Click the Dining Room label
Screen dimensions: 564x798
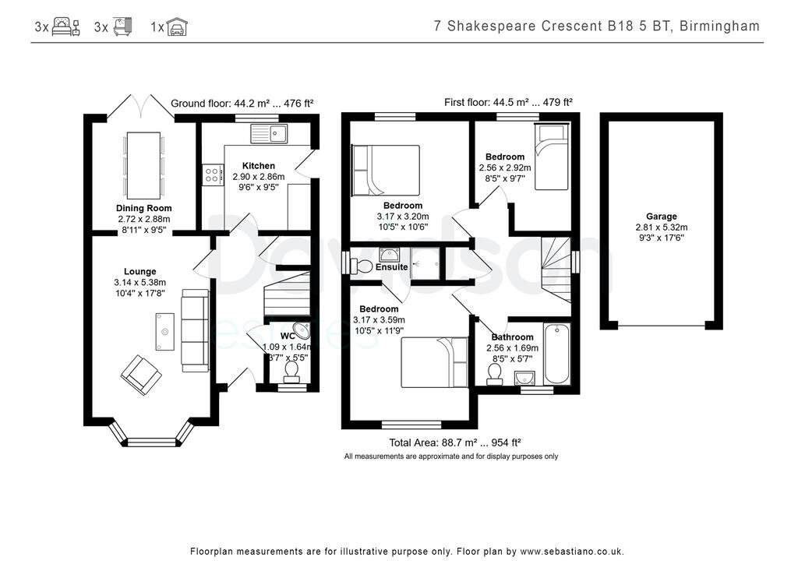point(143,209)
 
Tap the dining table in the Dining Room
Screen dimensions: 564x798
point(143,165)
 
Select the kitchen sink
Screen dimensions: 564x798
point(269,133)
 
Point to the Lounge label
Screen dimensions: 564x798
point(139,272)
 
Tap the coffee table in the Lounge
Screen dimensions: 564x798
point(164,332)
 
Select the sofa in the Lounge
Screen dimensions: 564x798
point(195,329)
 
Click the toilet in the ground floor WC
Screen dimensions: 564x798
point(291,371)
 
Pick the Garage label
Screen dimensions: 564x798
point(661,217)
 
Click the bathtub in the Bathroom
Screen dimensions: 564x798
point(556,352)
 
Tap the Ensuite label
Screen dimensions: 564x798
point(391,267)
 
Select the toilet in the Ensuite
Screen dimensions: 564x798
point(362,266)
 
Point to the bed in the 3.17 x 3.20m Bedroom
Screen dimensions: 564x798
point(387,170)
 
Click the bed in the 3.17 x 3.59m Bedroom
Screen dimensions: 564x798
point(433,361)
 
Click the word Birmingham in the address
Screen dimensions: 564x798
point(719,26)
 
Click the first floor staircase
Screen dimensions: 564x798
point(556,269)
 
